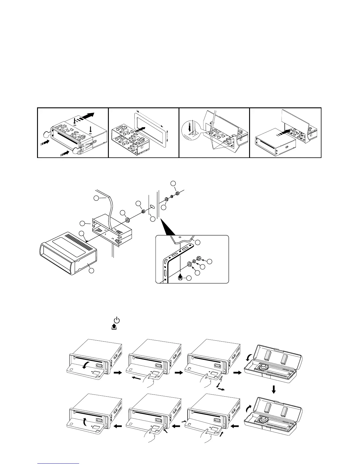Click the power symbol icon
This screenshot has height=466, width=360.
click(116, 320)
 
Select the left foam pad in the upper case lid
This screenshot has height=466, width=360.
click(267, 356)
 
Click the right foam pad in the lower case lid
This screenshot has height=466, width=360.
click(284, 408)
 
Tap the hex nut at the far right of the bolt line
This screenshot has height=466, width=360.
click(178, 193)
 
